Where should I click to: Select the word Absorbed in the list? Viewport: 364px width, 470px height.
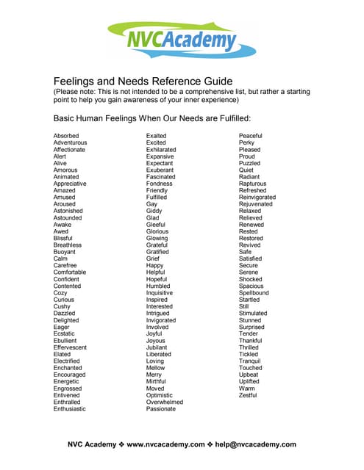click(x=66, y=136)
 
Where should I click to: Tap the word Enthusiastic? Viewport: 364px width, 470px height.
click(x=70, y=409)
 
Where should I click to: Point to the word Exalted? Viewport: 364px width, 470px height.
click(x=156, y=136)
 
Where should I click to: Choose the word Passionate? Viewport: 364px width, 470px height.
click(x=161, y=409)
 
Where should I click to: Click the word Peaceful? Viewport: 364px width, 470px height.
click(x=251, y=136)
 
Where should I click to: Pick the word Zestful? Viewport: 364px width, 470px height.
click(x=248, y=395)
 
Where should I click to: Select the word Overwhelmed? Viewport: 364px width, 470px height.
click(x=165, y=402)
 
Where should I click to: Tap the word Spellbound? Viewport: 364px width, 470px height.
click(x=254, y=293)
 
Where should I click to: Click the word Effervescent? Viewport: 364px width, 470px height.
click(x=70, y=347)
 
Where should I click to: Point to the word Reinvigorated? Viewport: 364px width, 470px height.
click(x=257, y=197)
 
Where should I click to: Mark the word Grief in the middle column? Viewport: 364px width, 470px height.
click(x=154, y=258)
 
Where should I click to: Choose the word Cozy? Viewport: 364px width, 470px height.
click(x=60, y=293)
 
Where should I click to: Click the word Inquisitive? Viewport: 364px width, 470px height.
click(x=160, y=293)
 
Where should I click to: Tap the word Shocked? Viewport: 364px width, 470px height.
click(x=250, y=279)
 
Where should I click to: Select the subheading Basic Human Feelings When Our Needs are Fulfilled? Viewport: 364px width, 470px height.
click(x=153, y=117)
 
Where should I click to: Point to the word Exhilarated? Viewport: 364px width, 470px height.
click(x=161, y=149)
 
